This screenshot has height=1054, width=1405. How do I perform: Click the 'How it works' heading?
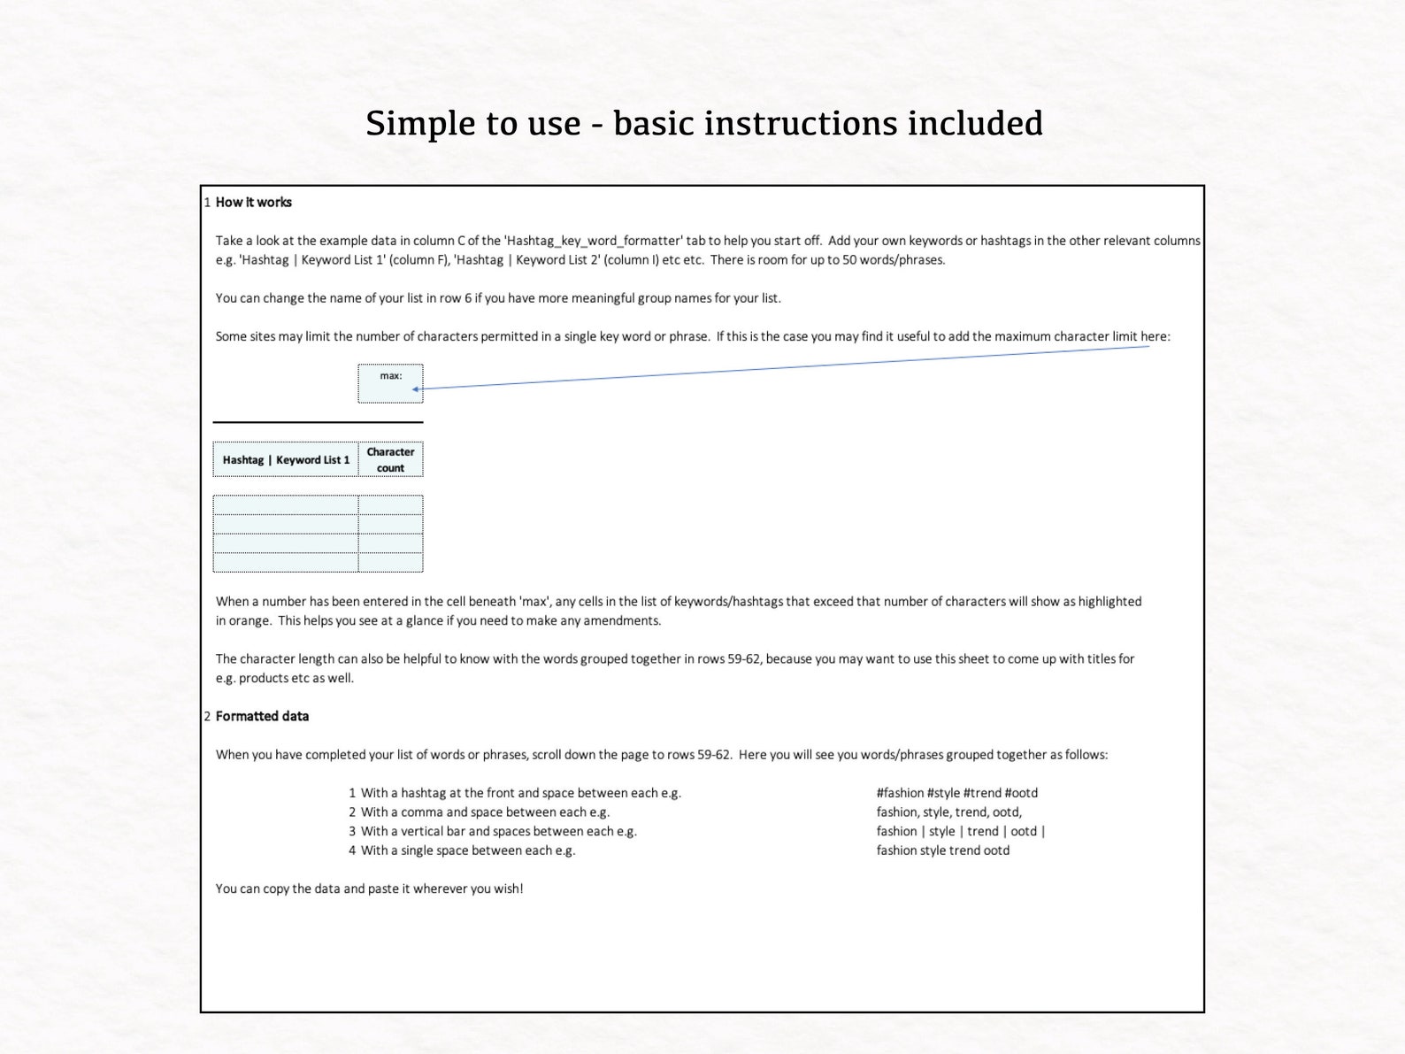[253, 202]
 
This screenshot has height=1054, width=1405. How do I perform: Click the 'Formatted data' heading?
[262, 716]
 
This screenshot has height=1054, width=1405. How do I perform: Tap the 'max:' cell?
[390, 383]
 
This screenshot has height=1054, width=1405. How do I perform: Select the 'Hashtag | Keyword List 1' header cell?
[286, 459]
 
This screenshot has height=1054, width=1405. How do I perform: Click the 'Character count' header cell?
[390, 459]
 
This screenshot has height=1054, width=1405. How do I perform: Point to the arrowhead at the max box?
[416, 389]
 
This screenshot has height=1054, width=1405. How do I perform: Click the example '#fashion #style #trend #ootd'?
[956, 793]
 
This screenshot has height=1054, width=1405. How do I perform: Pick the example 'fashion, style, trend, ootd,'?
[948, 812]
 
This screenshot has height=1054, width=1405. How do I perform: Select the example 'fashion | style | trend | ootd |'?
[960, 831]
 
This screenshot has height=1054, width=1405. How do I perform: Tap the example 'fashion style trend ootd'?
[942, 850]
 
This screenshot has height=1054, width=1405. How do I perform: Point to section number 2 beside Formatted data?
[207, 716]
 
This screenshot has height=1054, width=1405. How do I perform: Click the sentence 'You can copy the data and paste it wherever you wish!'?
[369, 889]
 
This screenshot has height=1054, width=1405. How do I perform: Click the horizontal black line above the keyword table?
[318, 422]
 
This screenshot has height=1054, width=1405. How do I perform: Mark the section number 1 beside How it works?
[207, 203]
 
